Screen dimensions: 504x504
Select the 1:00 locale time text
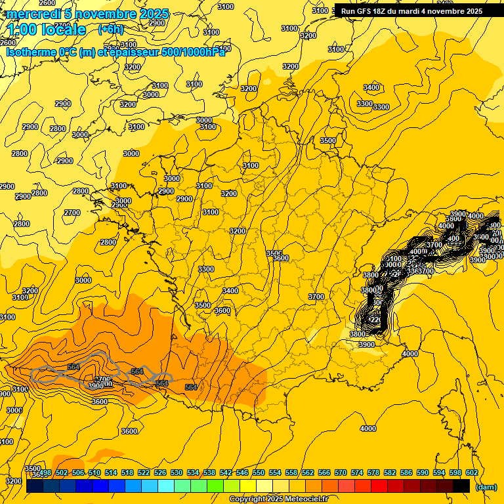pos(47,30)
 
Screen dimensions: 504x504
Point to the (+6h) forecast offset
pos(110,30)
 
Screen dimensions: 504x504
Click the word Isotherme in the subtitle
pos(29,52)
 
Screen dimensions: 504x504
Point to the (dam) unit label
pos(486,486)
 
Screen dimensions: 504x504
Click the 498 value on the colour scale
pos(45,473)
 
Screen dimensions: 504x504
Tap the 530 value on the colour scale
pos(177,473)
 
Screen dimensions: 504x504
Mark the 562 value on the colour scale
pos(308,473)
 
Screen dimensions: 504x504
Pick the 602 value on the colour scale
pos(471,473)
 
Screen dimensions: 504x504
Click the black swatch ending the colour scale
pos(461,486)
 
